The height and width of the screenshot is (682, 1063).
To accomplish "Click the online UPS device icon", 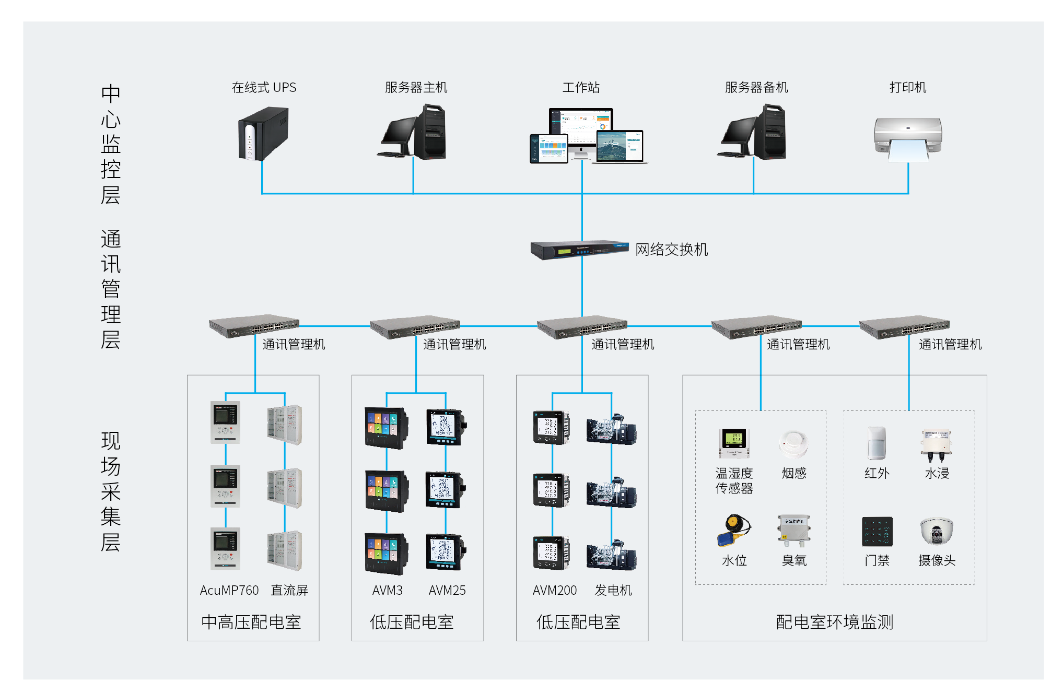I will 263,133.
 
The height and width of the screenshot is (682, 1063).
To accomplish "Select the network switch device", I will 579,250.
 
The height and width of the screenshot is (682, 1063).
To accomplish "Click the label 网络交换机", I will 671,250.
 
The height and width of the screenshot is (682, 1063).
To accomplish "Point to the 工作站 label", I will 581,87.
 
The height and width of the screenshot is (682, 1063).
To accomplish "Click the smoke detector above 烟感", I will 793,444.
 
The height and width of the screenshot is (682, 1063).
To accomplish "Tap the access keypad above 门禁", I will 877,531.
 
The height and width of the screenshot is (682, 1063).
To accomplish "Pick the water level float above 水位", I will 733,530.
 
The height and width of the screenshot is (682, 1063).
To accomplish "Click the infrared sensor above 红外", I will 877,443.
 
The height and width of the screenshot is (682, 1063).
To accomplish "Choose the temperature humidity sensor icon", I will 734,443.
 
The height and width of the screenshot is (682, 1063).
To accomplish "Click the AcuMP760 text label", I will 229,590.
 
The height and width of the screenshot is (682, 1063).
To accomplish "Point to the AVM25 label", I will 447,590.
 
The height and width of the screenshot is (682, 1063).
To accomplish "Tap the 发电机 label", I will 613,590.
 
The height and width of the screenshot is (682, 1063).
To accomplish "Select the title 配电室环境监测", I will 834,622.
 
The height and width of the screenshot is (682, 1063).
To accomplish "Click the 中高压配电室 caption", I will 251,622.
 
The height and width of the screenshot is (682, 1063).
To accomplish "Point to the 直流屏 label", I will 289,590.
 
